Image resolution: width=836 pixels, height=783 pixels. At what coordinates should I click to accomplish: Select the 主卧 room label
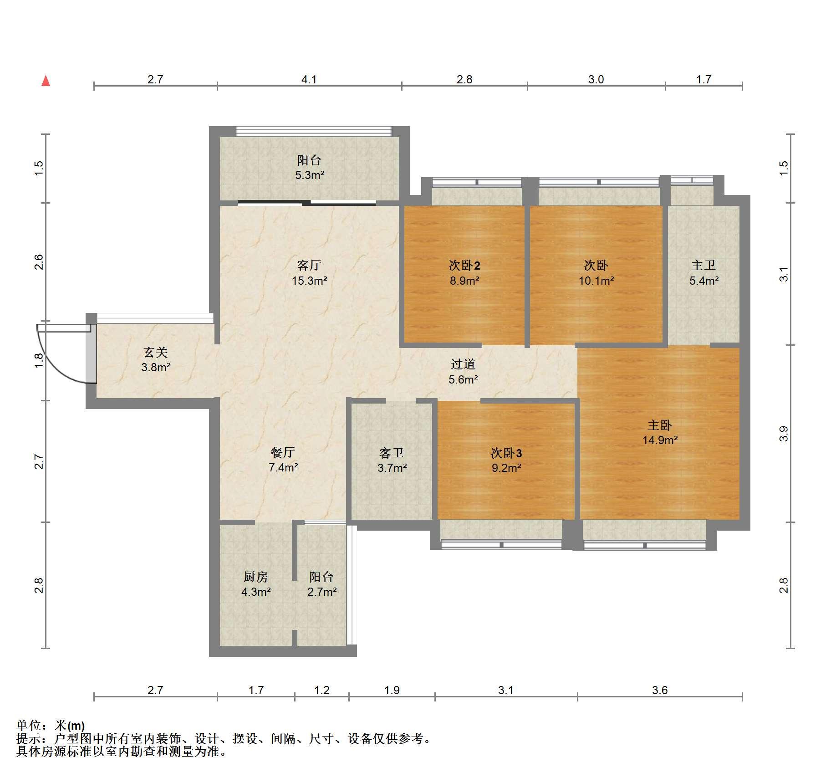[x=659, y=425]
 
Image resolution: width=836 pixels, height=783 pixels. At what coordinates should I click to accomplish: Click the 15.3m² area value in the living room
[x=310, y=281]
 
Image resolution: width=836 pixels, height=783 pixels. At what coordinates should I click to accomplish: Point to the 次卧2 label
[x=464, y=265]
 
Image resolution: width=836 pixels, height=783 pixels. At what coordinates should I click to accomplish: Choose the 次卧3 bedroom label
[x=506, y=453]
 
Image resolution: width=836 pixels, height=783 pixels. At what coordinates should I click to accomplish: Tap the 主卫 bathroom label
[x=703, y=265]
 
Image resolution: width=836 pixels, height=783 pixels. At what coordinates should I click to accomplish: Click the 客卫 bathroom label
[x=392, y=453]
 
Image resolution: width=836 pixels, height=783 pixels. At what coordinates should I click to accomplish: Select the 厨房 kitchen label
[x=256, y=577]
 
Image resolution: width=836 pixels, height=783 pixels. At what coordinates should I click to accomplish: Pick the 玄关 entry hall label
[x=156, y=352]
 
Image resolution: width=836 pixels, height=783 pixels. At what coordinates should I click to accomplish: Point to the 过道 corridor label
[x=463, y=364]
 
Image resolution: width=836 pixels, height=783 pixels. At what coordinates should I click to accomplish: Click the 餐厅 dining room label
[x=283, y=452]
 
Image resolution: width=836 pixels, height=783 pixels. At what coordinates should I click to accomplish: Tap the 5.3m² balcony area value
[x=310, y=175]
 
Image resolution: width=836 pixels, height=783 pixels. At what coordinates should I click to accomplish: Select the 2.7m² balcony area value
[x=322, y=592]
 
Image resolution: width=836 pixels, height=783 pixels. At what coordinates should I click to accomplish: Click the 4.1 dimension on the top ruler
[x=309, y=79]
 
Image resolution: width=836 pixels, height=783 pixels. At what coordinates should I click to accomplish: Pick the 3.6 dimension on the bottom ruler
[x=660, y=690]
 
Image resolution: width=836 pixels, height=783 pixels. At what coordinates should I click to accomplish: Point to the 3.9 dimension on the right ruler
[x=784, y=433]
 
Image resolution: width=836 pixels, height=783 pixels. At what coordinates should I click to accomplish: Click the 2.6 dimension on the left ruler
[x=39, y=262]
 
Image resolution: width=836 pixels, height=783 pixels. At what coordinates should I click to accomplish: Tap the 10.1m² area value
[x=596, y=281]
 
